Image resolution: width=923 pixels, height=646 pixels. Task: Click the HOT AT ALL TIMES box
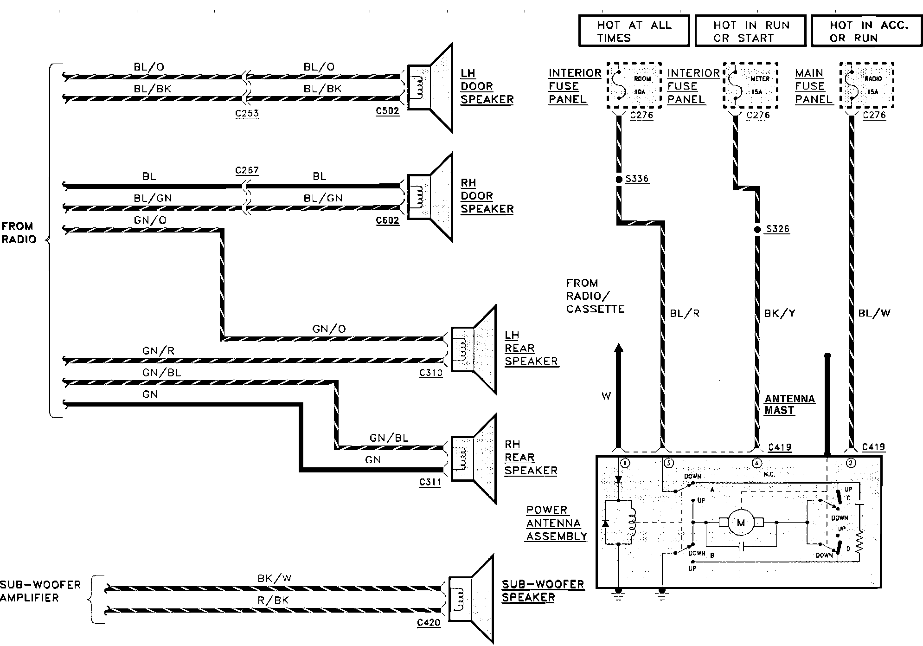(634, 31)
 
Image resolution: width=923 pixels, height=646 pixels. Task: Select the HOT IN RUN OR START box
(750, 31)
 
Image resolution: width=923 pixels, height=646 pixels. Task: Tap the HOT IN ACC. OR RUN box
(867, 31)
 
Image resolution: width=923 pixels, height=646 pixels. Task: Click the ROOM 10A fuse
(634, 85)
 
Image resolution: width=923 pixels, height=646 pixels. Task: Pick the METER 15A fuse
(750, 85)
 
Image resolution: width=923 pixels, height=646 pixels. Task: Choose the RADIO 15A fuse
(867, 85)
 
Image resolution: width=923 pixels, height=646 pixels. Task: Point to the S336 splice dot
(619, 179)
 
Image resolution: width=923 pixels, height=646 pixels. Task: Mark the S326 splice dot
(757, 229)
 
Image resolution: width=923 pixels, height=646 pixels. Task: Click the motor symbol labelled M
(741, 523)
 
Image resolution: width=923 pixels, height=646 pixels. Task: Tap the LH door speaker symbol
(429, 87)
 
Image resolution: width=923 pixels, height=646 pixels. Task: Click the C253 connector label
(247, 113)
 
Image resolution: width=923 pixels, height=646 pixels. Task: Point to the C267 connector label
(247, 170)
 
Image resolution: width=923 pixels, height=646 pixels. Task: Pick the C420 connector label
(429, 623)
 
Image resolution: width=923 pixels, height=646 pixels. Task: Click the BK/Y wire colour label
(780, 314)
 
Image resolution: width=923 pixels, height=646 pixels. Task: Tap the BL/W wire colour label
(874, 313)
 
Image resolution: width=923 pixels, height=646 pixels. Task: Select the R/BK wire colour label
(273, 600)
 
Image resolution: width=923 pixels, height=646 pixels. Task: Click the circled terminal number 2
(851, 463)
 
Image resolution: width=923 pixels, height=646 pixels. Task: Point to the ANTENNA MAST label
(790, 405)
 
